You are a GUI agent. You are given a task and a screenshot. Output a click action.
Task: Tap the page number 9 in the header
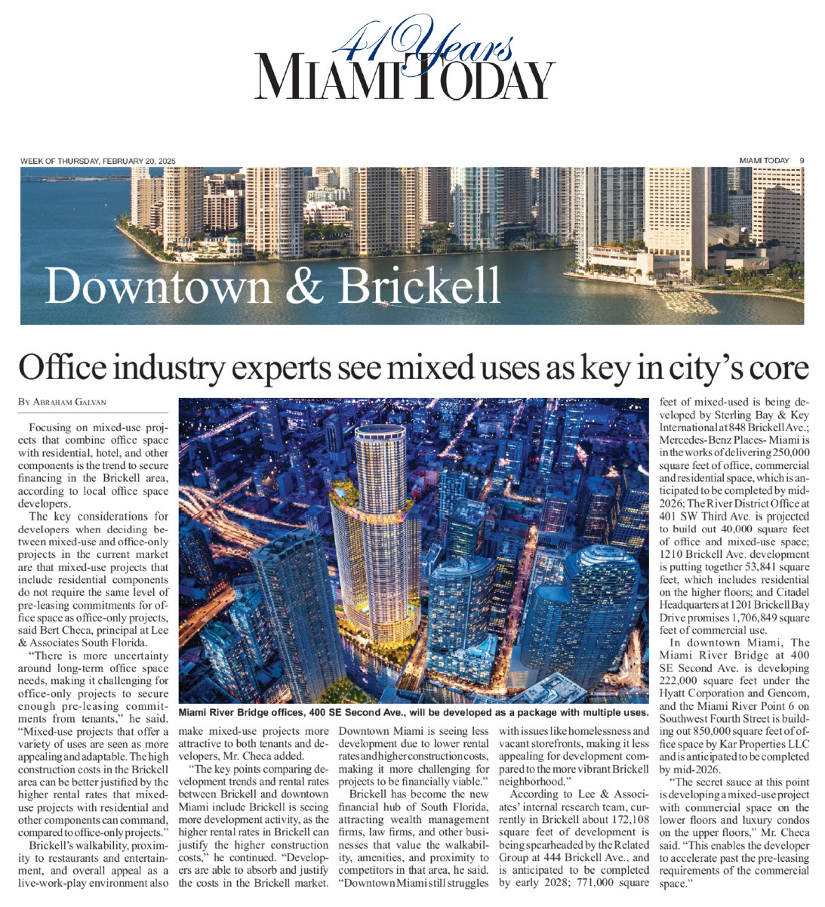tap(802, 160)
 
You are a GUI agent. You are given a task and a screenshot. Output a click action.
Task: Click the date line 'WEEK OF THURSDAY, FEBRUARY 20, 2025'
tap(97, 161)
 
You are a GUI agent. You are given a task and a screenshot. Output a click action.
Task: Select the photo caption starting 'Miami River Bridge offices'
tap(414, 712)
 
